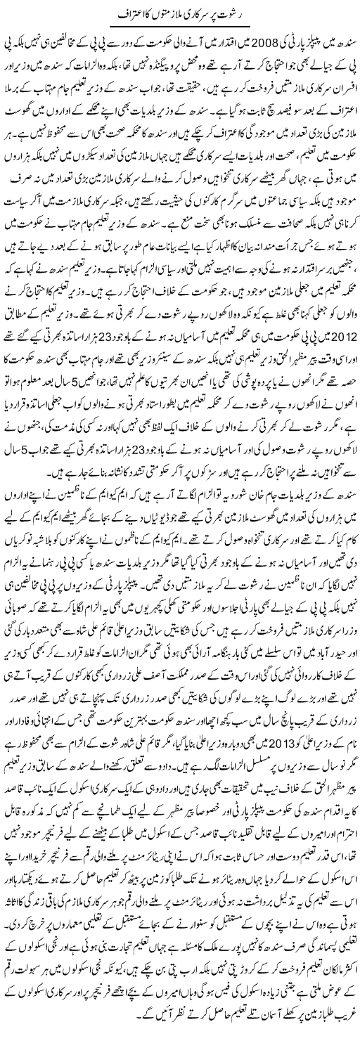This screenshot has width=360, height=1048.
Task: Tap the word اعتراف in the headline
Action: point(131,14)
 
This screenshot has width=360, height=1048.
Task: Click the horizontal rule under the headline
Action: point(180,28)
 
